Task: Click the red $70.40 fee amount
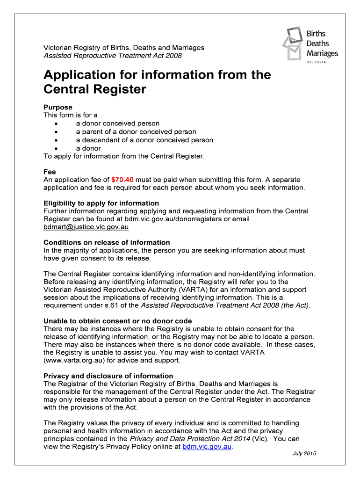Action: tap(123, 180)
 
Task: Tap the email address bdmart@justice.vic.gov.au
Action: tap(86, 227)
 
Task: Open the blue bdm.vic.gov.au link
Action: tap(207, 447)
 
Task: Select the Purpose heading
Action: tap(58, 107)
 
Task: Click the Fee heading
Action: tap(50, 172)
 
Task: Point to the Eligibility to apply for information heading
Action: tap(101, 203)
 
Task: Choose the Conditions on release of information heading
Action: tap(107, 242)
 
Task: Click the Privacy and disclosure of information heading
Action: tap(108, 376)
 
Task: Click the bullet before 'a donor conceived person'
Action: tap(56, 124)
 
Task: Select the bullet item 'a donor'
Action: tap(88, 148)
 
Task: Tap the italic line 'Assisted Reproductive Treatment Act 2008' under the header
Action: tap(113, 56)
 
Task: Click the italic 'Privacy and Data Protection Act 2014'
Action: tap(189, 439)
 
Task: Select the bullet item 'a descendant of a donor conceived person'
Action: tap(144, 140)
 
